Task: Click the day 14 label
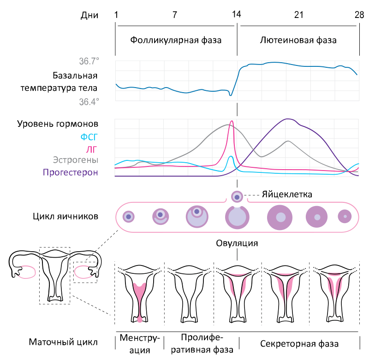point(237,15)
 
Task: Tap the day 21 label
point(298,15)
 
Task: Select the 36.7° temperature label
point(89,61)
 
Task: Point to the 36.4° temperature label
point(89,102)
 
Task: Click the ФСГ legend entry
point(89,137)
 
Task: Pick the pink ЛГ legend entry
point(91,149)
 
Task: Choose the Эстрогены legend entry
point(76,160)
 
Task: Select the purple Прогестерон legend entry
point(71,172)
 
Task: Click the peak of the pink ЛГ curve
point(232,121)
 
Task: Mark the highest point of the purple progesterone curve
point(288,119)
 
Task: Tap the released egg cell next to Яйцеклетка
point(237,196)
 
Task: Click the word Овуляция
point(237,243)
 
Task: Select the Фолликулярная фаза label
point(176,40)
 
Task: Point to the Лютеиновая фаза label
point(298,40)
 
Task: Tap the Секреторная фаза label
point(299,344)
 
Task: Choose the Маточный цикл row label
point(63,342)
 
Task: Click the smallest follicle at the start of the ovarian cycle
point(129,217)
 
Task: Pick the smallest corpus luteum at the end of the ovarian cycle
point(345,216)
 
